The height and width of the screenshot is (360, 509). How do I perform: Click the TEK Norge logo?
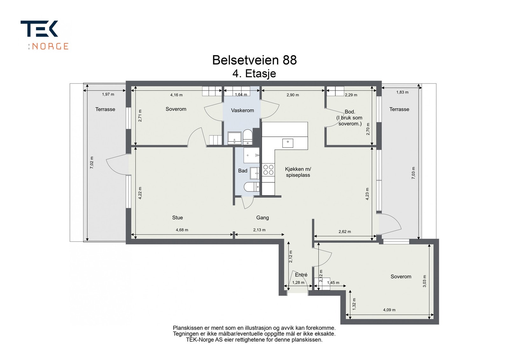(x=44, y=35)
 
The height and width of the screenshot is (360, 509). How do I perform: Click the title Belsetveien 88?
(x=254, y=60)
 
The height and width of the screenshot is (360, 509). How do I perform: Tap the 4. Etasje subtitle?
(x=254, y=74)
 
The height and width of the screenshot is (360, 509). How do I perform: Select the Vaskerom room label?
(x=242, y=111)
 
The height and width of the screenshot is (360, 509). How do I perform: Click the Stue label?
(x=178, y=218)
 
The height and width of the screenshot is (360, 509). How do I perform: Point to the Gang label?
(x=262, y=218)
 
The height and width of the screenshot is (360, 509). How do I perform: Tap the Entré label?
(x=301, y=275)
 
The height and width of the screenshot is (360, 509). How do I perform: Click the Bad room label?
(x=242, y=171)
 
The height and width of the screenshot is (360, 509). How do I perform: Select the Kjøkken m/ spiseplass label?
(x=298, y=172)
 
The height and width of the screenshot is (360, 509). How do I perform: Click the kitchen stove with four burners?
(x=268, y=170)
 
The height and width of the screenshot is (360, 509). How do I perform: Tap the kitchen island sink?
(x=288, y=143)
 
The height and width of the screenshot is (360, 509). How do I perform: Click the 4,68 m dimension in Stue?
(x=182, y=230)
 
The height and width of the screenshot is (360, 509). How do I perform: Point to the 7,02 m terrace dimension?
(x=92, y=163)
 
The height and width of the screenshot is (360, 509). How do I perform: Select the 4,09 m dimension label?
(x=389, y=310)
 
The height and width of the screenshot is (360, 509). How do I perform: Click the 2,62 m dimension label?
(x=345, y=232)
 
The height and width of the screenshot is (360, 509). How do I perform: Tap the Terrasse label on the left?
(x=105, y=109)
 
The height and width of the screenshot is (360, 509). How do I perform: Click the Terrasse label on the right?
(x=399, y=109)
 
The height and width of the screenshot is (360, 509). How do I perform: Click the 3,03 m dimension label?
(x=424, y=281)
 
